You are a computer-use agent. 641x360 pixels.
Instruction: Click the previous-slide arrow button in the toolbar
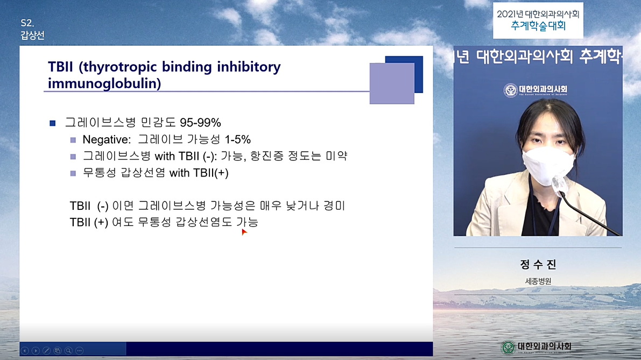click(25, 351)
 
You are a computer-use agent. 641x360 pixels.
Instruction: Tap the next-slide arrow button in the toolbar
click(36, 351)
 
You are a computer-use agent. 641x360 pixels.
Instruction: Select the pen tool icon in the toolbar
click(47, 351)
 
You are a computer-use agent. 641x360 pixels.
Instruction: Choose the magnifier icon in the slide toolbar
click(69, 351)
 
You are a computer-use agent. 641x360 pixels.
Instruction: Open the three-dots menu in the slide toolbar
click(80, 351)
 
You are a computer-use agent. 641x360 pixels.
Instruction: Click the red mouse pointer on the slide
click(244, 232)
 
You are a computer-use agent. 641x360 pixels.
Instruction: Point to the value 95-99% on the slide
click(200, 123)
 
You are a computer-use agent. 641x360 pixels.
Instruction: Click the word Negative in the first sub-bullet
click(106, 140)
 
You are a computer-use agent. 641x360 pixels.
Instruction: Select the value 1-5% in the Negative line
click(237, 140)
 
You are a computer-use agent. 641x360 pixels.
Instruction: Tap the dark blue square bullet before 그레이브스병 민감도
click(52, 123)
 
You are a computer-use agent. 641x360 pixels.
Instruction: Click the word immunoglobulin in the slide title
click(104, 83)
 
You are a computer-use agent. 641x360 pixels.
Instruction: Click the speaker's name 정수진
click(538, 264)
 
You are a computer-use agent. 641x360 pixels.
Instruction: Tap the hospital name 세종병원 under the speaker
click(538, 281)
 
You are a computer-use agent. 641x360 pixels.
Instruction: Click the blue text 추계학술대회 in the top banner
click(538, 26)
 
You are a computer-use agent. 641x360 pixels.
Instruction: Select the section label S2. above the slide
click(27, 23)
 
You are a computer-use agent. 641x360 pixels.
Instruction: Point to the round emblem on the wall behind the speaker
click(511, 90)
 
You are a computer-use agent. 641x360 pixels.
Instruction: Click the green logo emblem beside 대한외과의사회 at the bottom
click(508, 348)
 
